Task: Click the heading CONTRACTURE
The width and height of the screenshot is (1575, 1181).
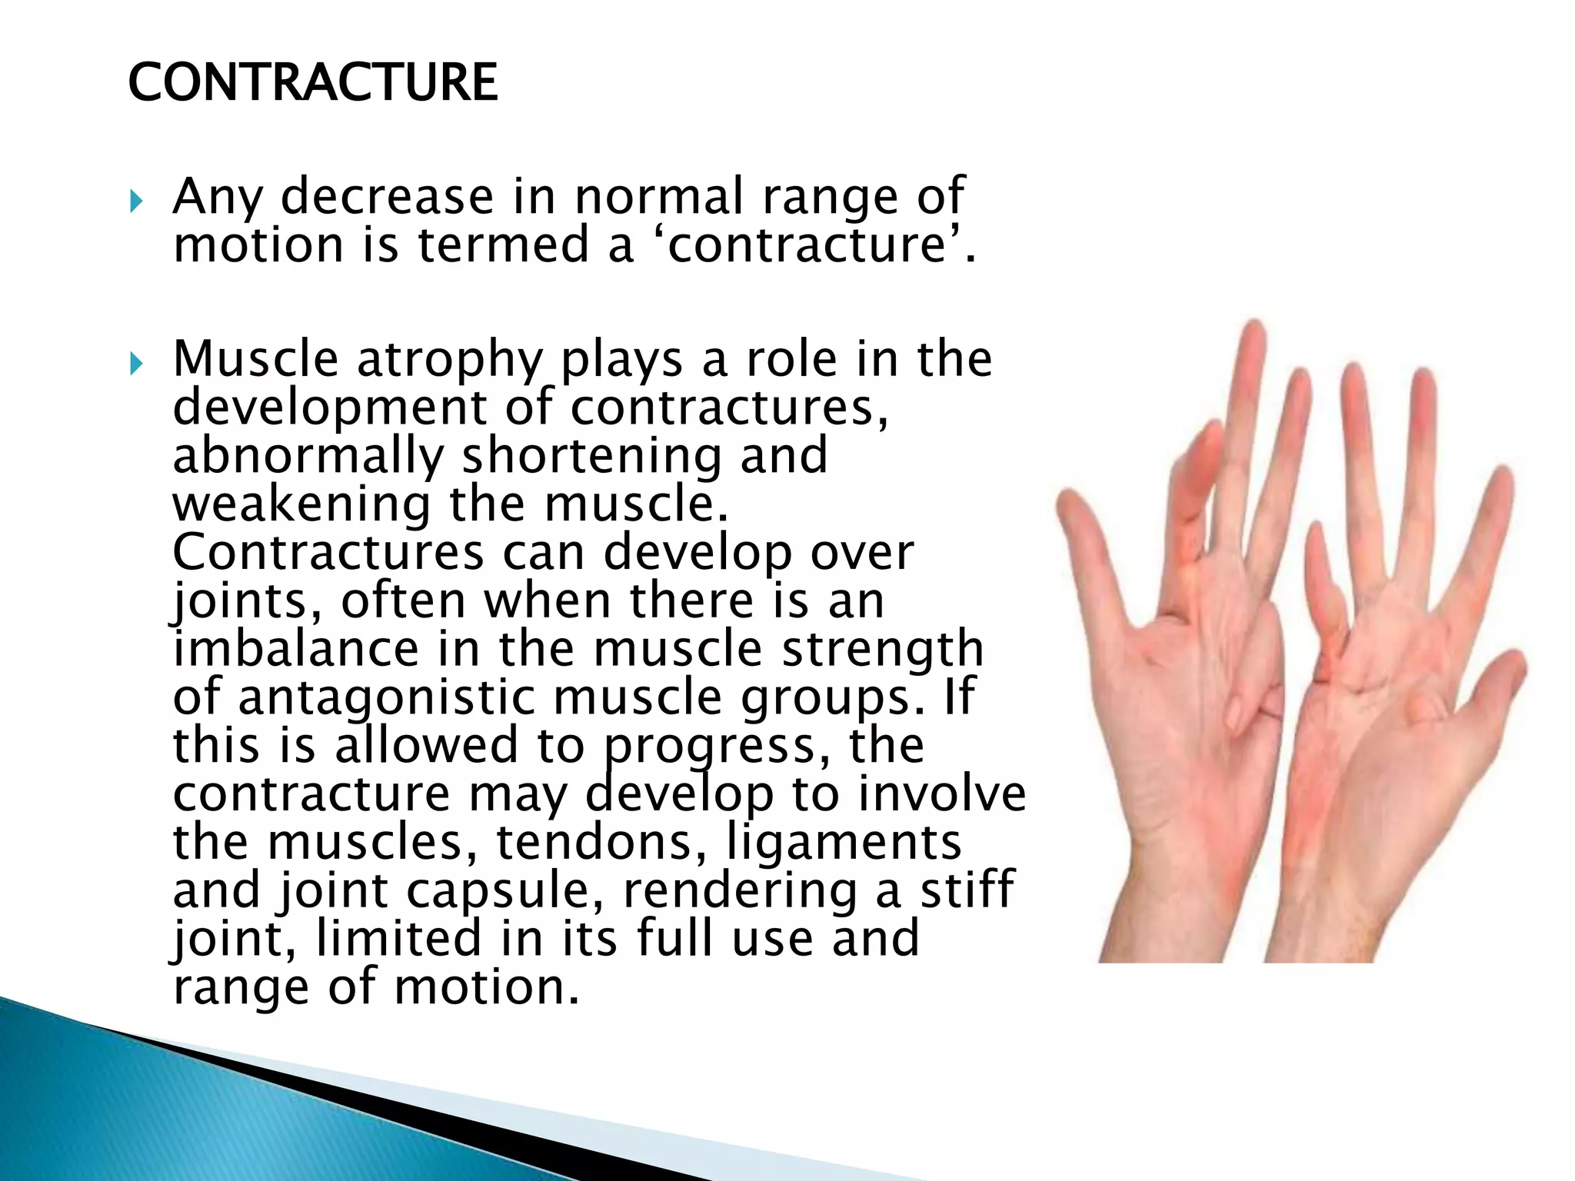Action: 312,83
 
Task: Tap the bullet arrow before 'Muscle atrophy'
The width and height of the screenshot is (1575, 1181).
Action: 136,362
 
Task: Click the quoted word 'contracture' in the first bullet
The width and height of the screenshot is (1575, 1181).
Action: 807,246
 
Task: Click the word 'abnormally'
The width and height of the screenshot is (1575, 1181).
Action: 308,457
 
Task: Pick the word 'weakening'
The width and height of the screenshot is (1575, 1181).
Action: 301,505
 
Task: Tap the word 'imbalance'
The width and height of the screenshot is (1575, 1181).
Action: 295,649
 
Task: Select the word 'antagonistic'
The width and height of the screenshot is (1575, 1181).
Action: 386,698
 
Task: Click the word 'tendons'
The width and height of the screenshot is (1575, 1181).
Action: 601,843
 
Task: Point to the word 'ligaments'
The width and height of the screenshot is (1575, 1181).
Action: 844,843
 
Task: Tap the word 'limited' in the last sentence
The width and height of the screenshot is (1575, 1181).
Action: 398,940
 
